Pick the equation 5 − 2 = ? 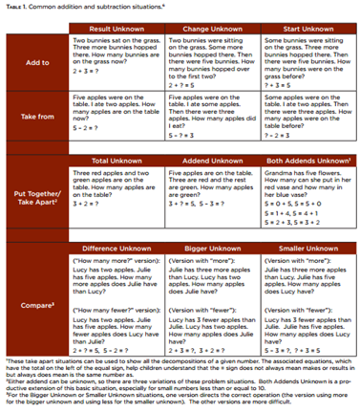click(x=87, y=125)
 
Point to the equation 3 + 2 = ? click(x=87, y=204)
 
